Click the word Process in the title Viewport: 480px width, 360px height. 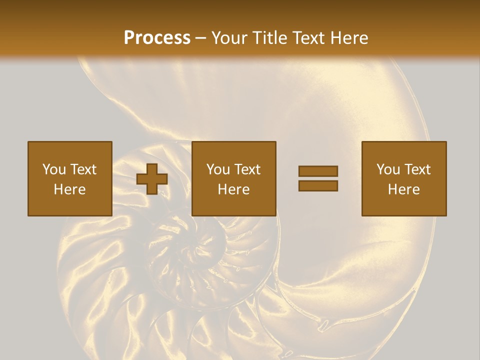157,38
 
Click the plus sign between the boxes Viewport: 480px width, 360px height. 152,179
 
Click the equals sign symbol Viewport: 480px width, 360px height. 318,178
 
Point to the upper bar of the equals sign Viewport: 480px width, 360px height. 318,171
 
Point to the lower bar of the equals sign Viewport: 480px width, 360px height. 318,186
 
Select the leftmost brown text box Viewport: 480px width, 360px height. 70,178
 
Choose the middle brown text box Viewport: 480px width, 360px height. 233,178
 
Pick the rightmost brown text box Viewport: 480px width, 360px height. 403,178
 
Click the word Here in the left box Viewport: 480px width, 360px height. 70,189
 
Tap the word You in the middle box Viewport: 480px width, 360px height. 218,169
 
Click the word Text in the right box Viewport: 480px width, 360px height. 418,169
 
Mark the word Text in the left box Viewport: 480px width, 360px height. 83,169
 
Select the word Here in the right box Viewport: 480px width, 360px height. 403,189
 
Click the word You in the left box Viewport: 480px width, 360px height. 54,169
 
